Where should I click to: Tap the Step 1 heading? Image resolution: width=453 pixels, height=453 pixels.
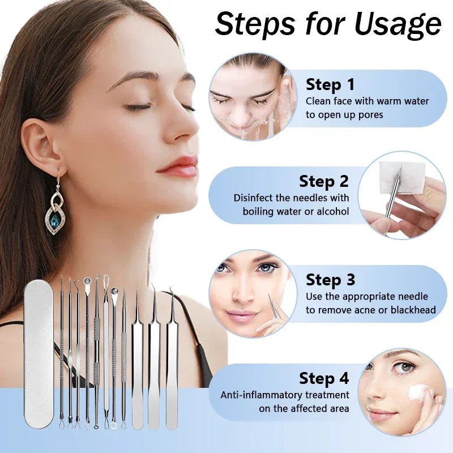point(330,85)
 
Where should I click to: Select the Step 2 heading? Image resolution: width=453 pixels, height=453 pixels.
point(324,182)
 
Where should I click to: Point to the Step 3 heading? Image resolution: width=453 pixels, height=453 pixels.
point(331,280)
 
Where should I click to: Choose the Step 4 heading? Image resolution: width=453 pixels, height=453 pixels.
point(324,378)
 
